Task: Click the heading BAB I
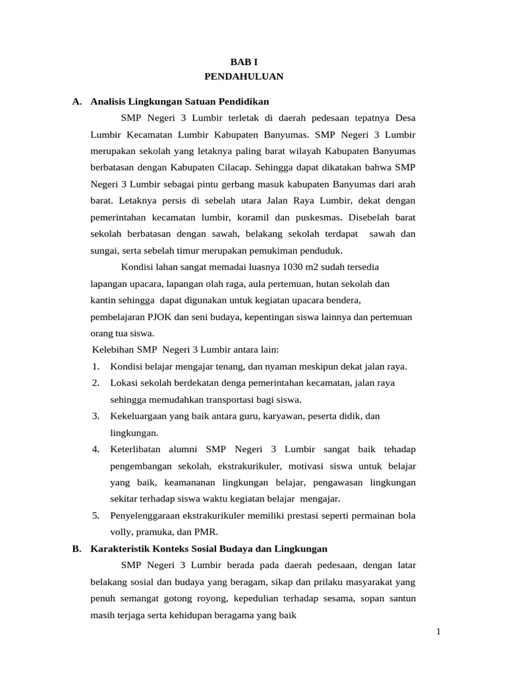244,61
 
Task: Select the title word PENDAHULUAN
244,76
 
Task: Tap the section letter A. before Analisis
77,101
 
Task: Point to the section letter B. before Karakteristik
77,548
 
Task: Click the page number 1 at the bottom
438,633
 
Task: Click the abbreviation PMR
204,531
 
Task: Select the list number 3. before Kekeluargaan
96,416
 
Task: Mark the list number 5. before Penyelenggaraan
96,515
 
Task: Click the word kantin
103,300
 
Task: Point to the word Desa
405,118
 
